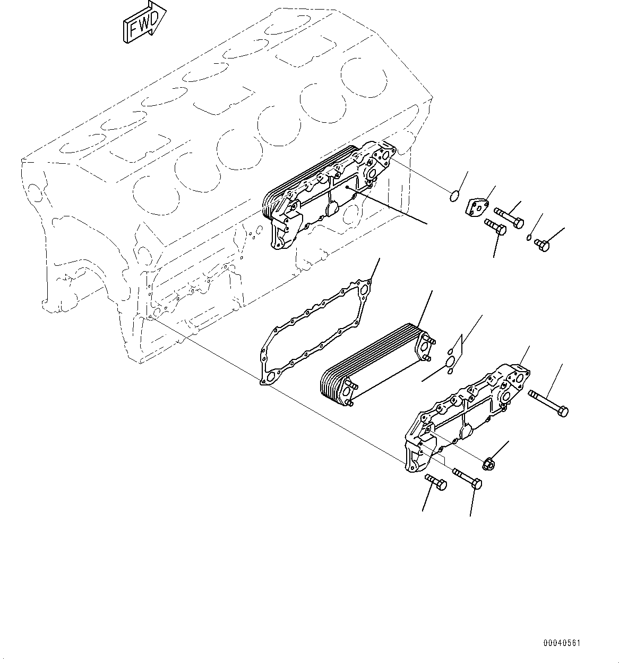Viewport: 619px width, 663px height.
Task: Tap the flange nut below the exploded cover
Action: coord(489,464)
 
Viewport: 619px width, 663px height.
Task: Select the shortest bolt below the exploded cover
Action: coord(436,482)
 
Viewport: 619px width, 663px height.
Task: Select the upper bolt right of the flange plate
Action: coord(509,217)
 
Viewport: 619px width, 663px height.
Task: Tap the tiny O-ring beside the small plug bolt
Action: coord(530,237)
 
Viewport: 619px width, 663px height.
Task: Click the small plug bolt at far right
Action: coord(541,245)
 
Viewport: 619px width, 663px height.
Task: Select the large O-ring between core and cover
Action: coord(450,362)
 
